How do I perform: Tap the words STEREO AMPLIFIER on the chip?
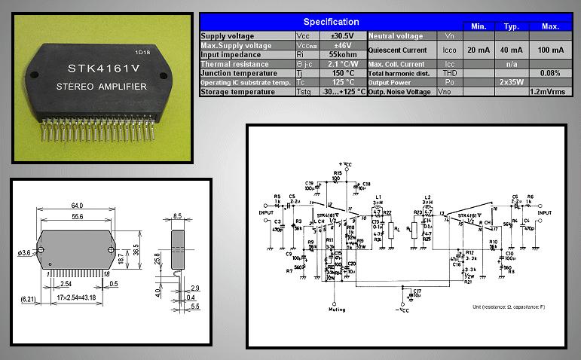point(102,87)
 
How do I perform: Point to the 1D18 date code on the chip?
point(142,53)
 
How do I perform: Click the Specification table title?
point(331,22)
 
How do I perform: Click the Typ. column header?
point(512,26)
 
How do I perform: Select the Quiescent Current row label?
point(399,50)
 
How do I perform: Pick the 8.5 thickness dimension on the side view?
point(179,215)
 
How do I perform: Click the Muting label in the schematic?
point(338,310)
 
